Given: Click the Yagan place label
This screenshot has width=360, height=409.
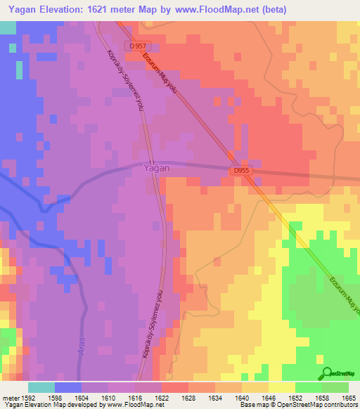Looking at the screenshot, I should click(155, 169).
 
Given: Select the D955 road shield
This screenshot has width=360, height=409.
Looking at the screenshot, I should click(241, 170).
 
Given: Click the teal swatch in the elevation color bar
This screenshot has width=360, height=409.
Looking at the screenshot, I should click(41, 387).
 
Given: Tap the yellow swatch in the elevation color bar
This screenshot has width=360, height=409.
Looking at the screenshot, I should click(281, 387).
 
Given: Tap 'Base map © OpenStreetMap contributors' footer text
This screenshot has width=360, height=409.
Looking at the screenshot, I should click(297, 405).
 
